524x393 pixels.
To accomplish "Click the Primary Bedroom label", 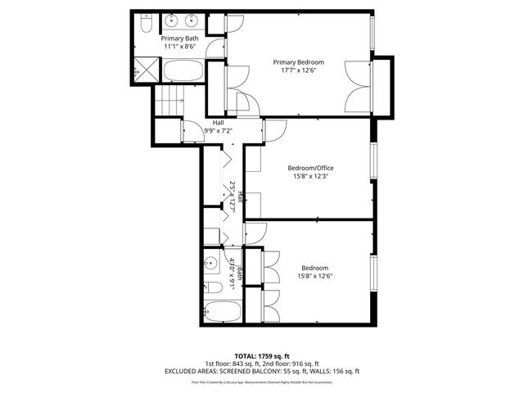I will click(x=298, y=62).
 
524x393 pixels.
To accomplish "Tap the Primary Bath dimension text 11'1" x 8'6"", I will click(x=179, y=47).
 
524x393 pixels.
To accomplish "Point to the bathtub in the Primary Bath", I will click(x=184, y=70).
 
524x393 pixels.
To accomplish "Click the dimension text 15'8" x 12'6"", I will click(x=314, y=277).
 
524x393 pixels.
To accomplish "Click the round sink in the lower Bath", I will click(x=211, y=264).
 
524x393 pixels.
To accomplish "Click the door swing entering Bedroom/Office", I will click(x=273, y=130).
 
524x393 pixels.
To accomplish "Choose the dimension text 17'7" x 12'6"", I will click(x=298, y=71).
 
